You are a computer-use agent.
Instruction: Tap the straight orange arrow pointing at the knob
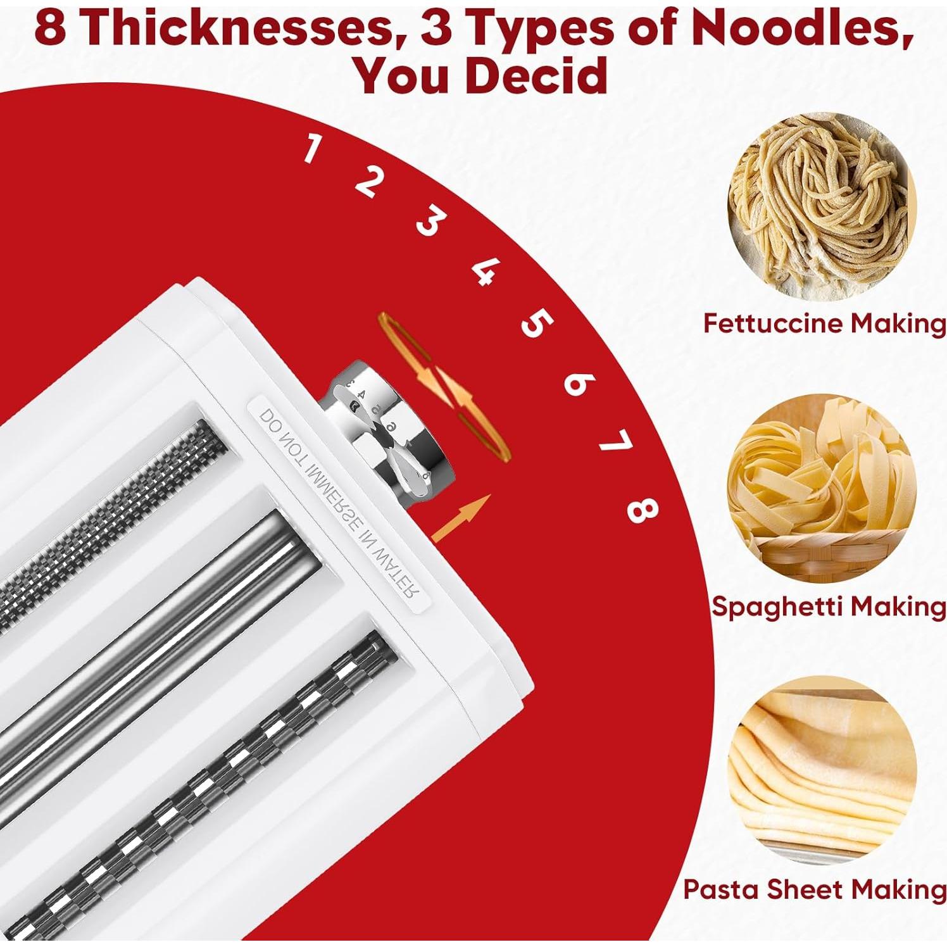click(461, 517)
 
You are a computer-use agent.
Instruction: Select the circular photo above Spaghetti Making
click(821, 488)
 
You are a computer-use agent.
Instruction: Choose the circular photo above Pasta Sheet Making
click(821, 770)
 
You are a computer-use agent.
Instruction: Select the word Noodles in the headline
click(801, 28)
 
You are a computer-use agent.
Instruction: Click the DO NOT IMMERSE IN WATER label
click(339, 503)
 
